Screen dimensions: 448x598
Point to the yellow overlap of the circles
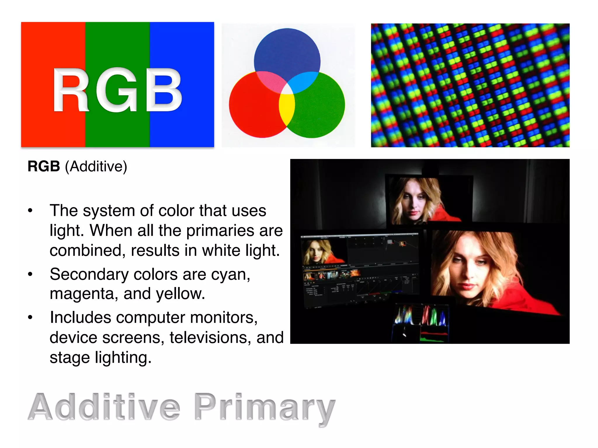click(287, 109)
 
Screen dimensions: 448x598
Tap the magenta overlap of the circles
click(270, 82)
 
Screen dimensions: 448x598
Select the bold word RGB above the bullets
click(44, 167)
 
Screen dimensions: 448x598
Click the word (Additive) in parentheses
click(96, 167)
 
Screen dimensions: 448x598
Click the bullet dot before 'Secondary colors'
click(30, 274)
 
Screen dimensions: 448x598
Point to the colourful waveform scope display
click(420, 316)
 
